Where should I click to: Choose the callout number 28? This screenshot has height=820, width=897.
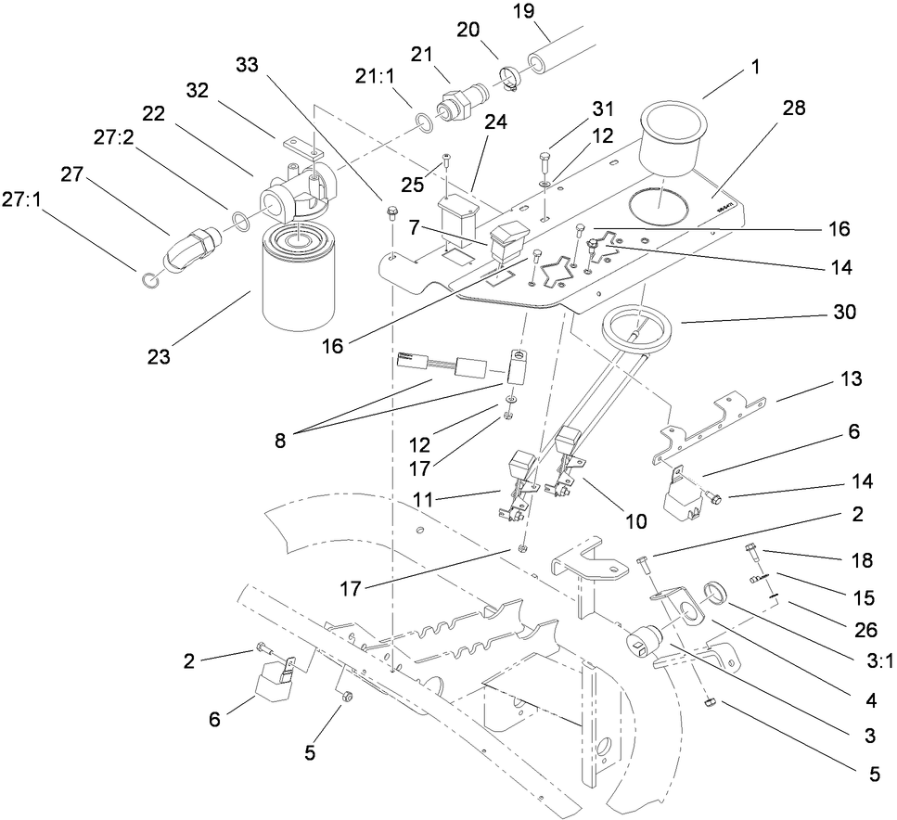click(793, 109)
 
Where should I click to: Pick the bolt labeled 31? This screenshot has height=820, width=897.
click(545, 167)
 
